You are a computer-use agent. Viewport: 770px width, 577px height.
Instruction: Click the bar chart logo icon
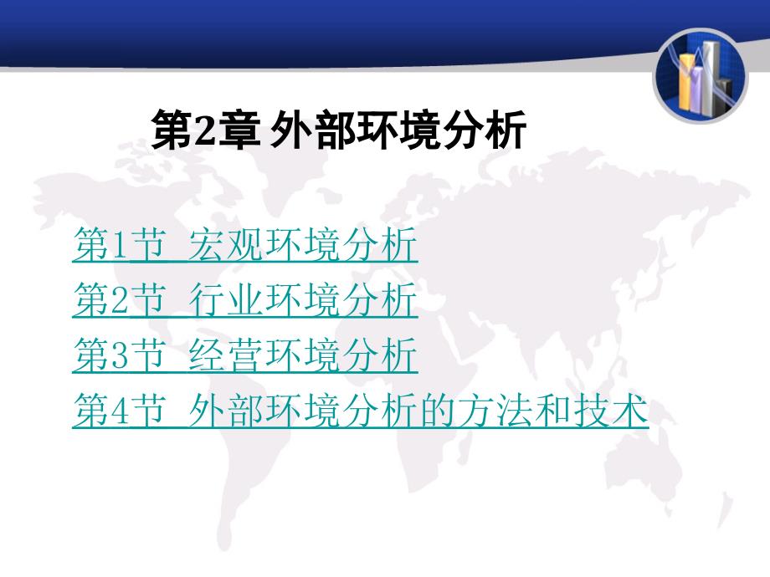(x=700, y=75)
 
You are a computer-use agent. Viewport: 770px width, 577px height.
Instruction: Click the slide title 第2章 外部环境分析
(x=339, y=130)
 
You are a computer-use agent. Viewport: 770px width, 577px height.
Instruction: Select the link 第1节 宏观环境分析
(x=245, y=244)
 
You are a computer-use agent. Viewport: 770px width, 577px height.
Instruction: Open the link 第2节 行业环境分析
(x=245, y=299)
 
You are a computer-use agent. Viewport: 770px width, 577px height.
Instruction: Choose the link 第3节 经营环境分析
(x=245, y=355)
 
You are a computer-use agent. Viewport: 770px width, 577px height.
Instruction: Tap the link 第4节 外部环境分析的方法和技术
(x=361, y=410)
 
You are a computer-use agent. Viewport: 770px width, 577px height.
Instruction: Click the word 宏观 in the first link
(x=225, y=244)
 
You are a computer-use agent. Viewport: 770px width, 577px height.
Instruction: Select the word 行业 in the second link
(x=225, y=299)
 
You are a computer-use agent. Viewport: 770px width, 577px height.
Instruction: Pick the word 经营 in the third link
(x=225, y=355)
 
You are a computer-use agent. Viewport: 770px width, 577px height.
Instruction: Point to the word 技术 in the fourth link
(x=611, y=410)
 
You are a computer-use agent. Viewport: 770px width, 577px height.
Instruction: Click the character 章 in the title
(x=239, y=130)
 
